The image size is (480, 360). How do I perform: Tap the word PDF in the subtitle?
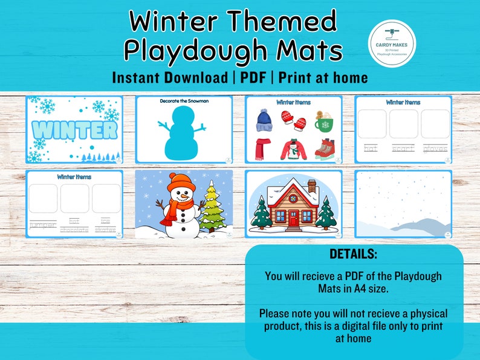coord(252,78)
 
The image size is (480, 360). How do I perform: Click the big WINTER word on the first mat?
coord(74,129)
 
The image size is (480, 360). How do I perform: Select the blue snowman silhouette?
coord(183,132)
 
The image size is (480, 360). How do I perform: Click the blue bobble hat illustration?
coord(265,119)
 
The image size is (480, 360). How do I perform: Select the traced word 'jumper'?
coord(42,225)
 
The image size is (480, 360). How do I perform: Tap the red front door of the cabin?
coord(294,221)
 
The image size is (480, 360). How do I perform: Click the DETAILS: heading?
coord(354,253)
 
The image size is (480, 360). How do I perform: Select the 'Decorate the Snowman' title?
coord(184,101)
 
